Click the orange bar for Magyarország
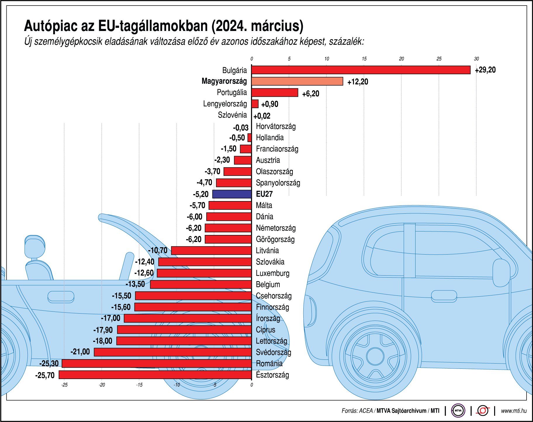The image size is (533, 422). (x=297, y=81)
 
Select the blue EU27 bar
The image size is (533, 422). (x=232, y=194)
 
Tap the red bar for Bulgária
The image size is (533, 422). (x=361, y=70)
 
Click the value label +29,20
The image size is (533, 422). (x=485, y=70)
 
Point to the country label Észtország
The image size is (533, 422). (x=272, y=375)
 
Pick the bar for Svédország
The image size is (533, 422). (x=172, y=352)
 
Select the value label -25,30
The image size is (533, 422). (x=49, y=364)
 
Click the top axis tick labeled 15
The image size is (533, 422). (x=364, y=59)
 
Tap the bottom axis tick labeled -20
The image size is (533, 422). (x=102, y=385)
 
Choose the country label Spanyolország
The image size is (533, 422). (x=278, y=183)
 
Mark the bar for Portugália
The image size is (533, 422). (x=274, y=93)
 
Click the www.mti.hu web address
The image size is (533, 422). (x=513, y=411)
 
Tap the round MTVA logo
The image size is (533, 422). (x=458, y=411)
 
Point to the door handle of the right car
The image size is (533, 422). (x=444, y=296)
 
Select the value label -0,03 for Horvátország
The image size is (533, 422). (x=240, y=128)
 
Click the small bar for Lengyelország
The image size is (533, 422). (x=255, y=104)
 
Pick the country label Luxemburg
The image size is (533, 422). (x=272, y=273)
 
